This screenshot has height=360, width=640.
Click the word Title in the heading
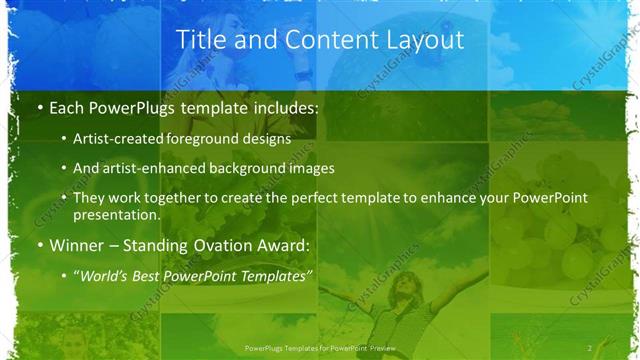tap(200, 40)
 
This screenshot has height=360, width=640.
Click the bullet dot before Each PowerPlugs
tap(39, 107)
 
